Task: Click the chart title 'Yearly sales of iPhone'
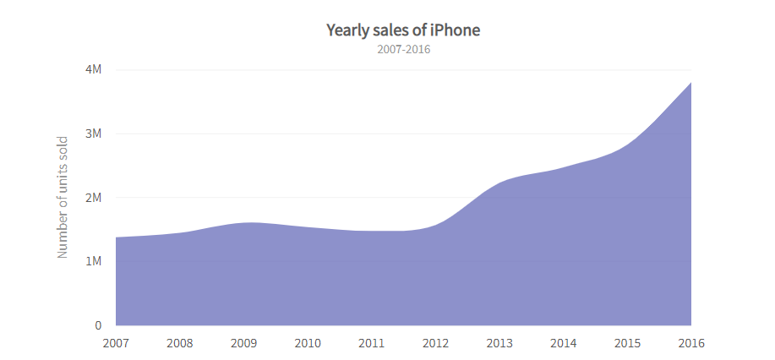pyautogui.click(x=403, y=30)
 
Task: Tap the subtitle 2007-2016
pyautogui.click(x=403, y=50)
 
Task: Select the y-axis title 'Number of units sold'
pyautogui.click(x=62, y=196)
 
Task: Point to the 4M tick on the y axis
pyautogui.click(x=93, y=69)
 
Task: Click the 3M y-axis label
pyautogui.click(x=93, y=134)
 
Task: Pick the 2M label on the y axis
pyautogui.click(x=93, y=198)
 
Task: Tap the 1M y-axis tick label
pyautogui.click(x=93, y=261)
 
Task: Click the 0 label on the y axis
pyautogui.click(x=98, y=325)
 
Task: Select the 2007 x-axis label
pyautogui.click(x=116, y=343)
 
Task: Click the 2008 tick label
pyautogui.click(x=180, y=343)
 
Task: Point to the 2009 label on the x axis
pyautogui.click(x=243, y=343)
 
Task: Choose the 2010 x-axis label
pyautogui.click(x=308, y=343)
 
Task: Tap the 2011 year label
pyautogui.click(x=372, y=343)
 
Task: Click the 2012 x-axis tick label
pyautogui.click(x=435, y=343)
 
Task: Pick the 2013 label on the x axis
pyautogui.click(x=499, y=343)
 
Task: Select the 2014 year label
pyautogui.click(x=564, y=343)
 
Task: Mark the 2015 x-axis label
pyautogui.click(x=627, y=343)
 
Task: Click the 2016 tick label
pyautogui.click(x=690, y=343)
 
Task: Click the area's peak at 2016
pyautogui.click(x=690, y=83)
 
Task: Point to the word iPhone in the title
pyautogui.click(x=455, y=30)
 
